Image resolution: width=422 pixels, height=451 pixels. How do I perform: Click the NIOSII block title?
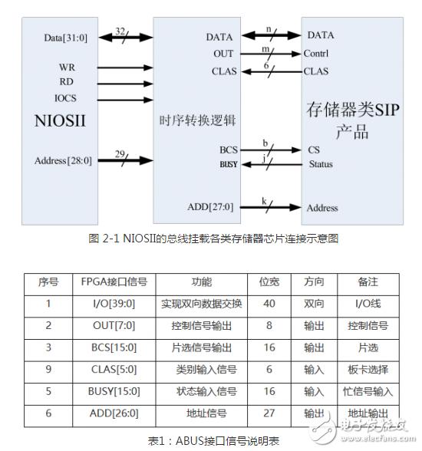60,120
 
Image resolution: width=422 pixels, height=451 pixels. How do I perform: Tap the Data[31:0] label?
65,38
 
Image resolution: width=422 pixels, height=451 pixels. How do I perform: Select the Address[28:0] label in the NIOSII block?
63,160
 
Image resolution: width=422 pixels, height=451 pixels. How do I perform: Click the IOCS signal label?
65,98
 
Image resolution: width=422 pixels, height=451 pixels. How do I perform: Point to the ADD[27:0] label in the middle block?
210,207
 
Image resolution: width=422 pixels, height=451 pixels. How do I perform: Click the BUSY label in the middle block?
229,164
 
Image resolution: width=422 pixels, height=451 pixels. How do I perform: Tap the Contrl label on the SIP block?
316,53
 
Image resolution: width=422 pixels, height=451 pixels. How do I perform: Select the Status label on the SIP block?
321,164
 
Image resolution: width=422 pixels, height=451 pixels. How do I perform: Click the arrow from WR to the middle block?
125,67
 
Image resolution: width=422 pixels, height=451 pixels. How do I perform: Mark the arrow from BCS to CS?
270,150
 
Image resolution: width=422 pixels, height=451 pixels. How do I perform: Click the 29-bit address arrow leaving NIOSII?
125,160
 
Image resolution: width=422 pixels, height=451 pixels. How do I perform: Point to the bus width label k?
264,201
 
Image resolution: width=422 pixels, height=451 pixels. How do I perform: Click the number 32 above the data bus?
120,31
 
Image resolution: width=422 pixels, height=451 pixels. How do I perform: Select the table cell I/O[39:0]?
114,304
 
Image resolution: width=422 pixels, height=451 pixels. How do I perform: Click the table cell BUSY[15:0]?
114,391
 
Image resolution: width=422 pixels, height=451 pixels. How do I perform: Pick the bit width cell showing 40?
269,304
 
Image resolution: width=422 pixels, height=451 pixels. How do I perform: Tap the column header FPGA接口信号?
114,281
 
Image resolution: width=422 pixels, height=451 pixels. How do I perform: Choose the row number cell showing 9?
48,369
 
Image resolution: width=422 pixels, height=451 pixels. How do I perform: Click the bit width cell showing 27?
269,413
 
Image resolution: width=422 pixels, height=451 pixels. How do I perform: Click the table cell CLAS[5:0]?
114,369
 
